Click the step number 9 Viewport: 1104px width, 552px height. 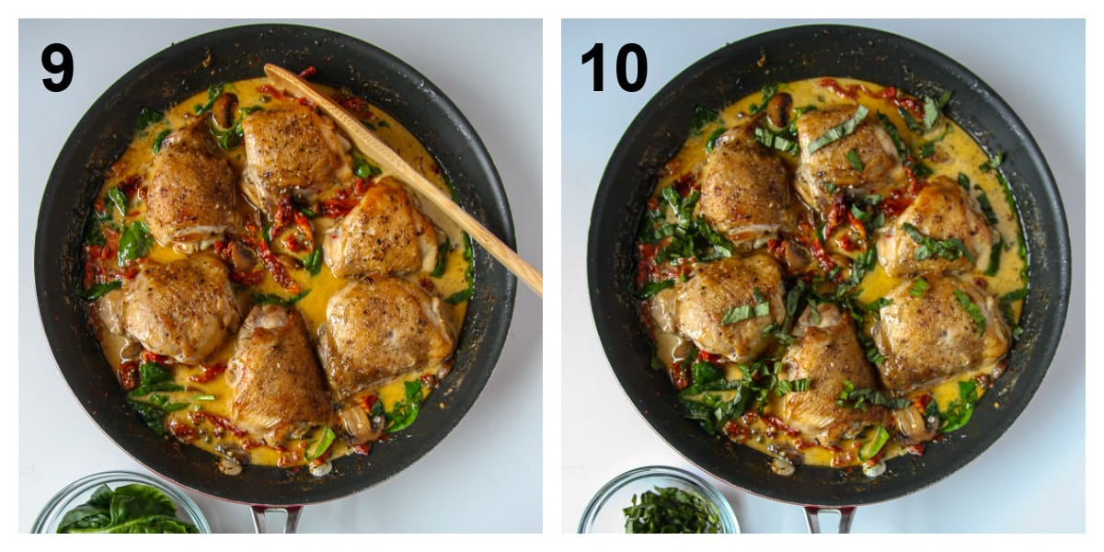(57, 67)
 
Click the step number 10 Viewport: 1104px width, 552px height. (614, 67)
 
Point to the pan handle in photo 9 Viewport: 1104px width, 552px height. (276, 519)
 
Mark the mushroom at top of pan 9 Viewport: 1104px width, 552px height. (224, 109)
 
